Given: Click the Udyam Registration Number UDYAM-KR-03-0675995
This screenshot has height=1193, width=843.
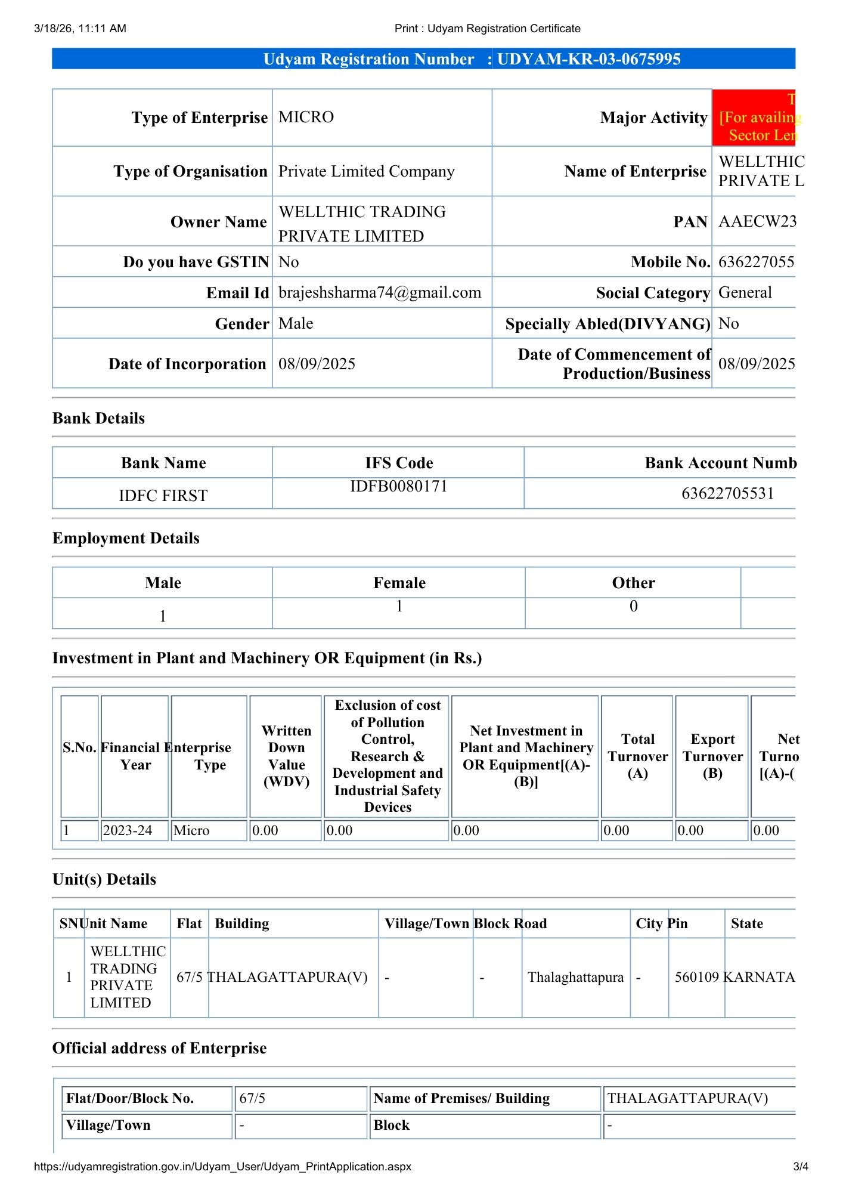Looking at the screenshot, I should (x=588, y=59).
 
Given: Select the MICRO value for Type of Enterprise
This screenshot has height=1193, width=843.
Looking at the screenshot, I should (x=306, y=117).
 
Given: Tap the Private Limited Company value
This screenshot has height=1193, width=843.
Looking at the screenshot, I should (x=366, y=171).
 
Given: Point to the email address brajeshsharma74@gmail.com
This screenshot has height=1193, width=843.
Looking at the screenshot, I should (x=379, y=292).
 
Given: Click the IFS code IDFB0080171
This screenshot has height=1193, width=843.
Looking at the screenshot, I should (x=398, y=486).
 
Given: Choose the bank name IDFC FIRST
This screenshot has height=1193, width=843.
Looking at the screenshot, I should (x=163, y=496).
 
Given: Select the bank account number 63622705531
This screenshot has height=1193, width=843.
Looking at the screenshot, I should (x=727, y=493).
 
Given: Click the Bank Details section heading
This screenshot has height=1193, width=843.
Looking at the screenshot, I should (x=98, y=418).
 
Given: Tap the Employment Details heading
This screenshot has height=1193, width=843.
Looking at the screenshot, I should (x=126, y=538).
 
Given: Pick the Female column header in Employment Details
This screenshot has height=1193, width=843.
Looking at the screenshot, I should (x=399, y=583).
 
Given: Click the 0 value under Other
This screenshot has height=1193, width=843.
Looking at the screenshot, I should (x=633, y=606).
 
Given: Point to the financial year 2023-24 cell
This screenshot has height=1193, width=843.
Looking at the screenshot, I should (x=127, y=830).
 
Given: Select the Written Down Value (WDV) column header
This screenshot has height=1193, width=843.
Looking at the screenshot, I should (x=286, y=756).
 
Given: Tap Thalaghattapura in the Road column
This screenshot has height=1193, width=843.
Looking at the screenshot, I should (x=575, y=977).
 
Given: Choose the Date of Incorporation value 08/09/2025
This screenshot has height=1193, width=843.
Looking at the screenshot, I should (x=317, y=364).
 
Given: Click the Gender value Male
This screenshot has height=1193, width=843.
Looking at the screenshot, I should (x=296, y=323).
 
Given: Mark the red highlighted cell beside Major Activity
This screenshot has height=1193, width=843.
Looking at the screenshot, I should (x=754, y=118).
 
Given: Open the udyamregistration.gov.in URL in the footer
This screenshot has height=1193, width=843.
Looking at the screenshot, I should (x=222, y=1166).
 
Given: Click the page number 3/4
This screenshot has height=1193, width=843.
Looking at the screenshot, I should (x=800, y=1166).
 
